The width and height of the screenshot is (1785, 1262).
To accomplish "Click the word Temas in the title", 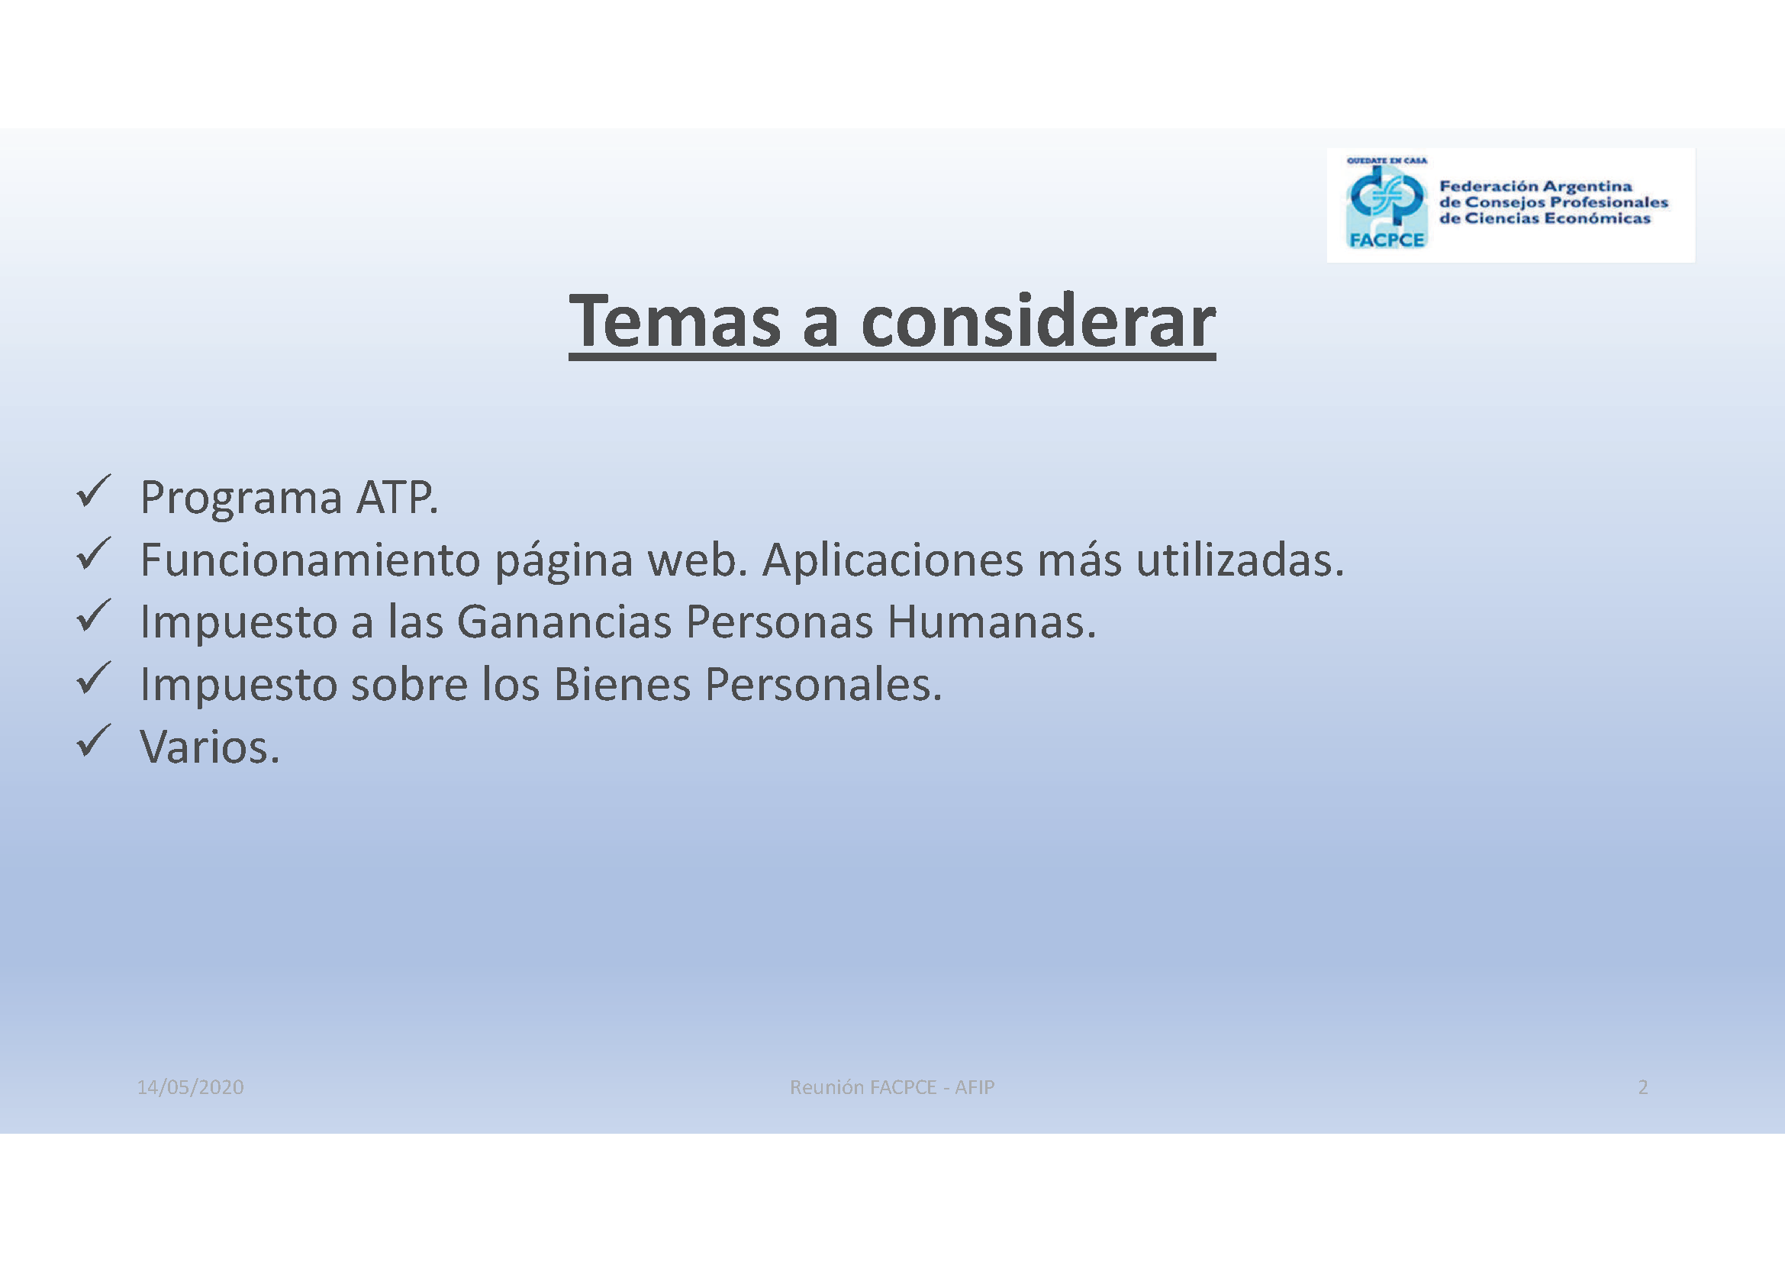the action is pos(675,321).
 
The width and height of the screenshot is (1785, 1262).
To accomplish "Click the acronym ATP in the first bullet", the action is pos(397,498).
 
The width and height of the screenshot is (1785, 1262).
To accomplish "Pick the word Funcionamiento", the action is pos(310,560).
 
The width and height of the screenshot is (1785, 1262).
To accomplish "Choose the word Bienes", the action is pos(622,684).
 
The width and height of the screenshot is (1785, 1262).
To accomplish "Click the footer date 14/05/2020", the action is pos(191,1087).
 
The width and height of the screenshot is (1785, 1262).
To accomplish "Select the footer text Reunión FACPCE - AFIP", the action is pos(891,1087).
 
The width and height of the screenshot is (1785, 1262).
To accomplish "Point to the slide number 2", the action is pos(1643,1087).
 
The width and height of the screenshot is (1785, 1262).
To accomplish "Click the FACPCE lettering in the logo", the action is pos(1387,240).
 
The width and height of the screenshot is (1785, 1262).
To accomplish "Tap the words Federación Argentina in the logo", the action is pos(1535,186).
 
